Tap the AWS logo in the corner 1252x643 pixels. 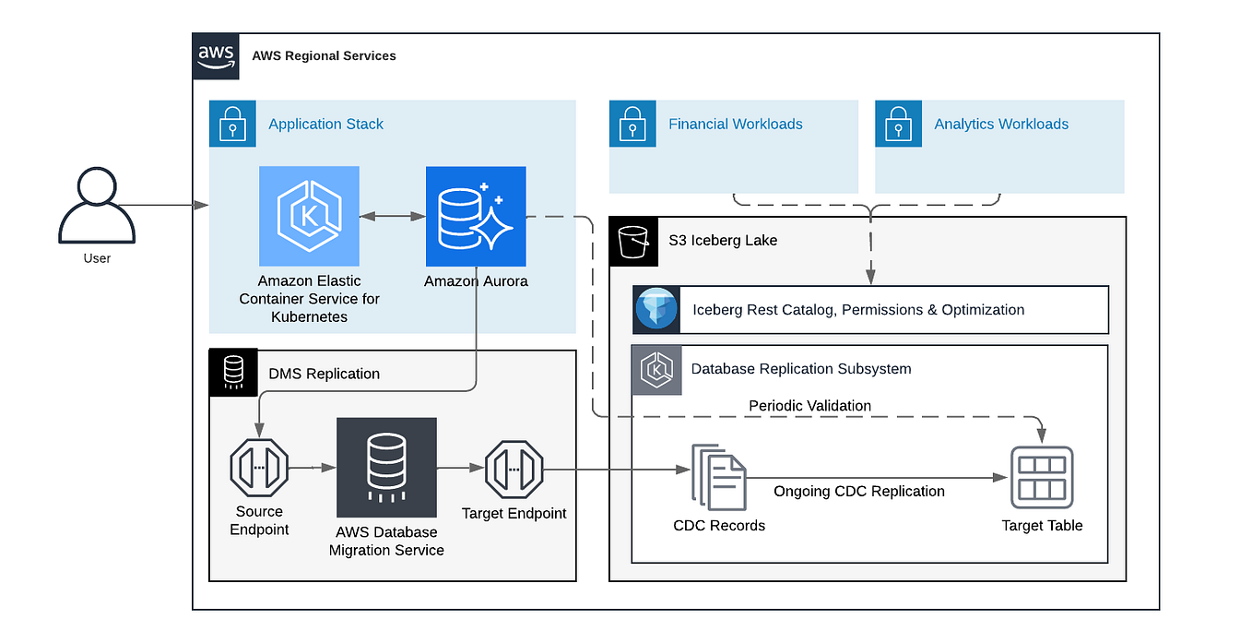point(216,55)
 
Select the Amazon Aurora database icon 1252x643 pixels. point(476,216)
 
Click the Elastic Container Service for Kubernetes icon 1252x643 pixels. point(309,216)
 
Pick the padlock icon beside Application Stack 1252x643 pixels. point(232,124)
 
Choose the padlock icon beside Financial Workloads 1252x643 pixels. point(632,124)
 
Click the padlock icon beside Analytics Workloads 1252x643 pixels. point(898,124)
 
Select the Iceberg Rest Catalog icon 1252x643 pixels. point(656,310)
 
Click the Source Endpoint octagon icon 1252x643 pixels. point(259,469)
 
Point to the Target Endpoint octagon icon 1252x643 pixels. point(514,469)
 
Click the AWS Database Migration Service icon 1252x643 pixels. point(386,468)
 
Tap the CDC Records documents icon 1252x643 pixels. point(719,477)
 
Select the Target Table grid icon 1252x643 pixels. point(1042,477)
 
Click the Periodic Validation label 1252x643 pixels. point(809,406)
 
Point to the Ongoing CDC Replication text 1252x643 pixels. point(858,492)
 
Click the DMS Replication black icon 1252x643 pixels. point(233,373)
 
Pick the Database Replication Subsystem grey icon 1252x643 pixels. point(656,369)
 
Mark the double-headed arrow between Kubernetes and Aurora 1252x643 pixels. point(392,216)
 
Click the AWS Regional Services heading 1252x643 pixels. point(324,56)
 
